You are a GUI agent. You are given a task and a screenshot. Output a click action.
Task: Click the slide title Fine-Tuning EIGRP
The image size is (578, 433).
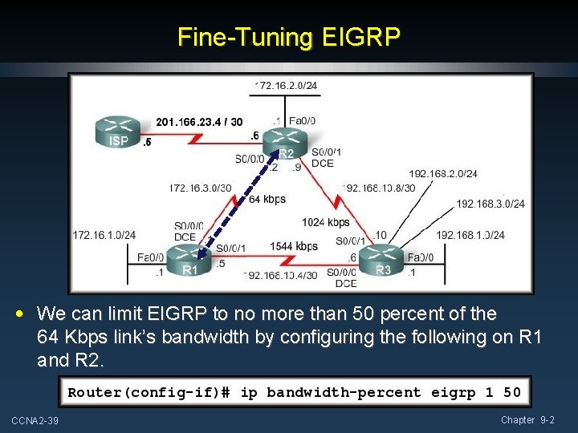tap(289, 38)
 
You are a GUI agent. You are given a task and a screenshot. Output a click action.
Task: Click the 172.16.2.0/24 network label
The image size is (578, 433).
tap(286, 84)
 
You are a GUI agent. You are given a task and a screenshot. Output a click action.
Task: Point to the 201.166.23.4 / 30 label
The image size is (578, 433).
tap(199, 122)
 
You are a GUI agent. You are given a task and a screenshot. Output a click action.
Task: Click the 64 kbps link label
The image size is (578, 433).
tap(267, 199)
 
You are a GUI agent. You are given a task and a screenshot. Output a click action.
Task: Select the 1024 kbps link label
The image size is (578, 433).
tap(326, 222)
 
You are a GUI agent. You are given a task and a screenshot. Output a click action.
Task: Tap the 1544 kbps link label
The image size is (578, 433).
tap(294, 246)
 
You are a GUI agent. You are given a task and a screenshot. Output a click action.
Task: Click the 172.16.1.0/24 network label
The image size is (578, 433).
tap(104, 235)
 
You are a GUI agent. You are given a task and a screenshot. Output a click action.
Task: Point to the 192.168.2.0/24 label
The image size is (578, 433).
tap(443, 173)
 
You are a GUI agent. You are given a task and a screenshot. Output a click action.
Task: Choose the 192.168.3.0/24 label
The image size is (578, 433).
tap(490, 204)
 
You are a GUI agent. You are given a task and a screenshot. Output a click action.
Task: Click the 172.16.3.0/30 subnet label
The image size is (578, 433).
tap(200, 188)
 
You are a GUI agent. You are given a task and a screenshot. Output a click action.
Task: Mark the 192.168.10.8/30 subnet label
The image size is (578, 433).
tap(379, 188)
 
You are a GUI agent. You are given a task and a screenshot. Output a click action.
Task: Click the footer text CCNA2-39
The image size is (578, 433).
tap(35, 421)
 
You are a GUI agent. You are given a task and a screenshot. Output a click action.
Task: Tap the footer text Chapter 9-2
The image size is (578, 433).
tap(527, 420)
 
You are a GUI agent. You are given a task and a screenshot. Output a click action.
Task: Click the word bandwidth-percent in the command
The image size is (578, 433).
tap(344, 392)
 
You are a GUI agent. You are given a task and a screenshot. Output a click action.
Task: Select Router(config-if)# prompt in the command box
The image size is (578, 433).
tap(149, 392)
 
